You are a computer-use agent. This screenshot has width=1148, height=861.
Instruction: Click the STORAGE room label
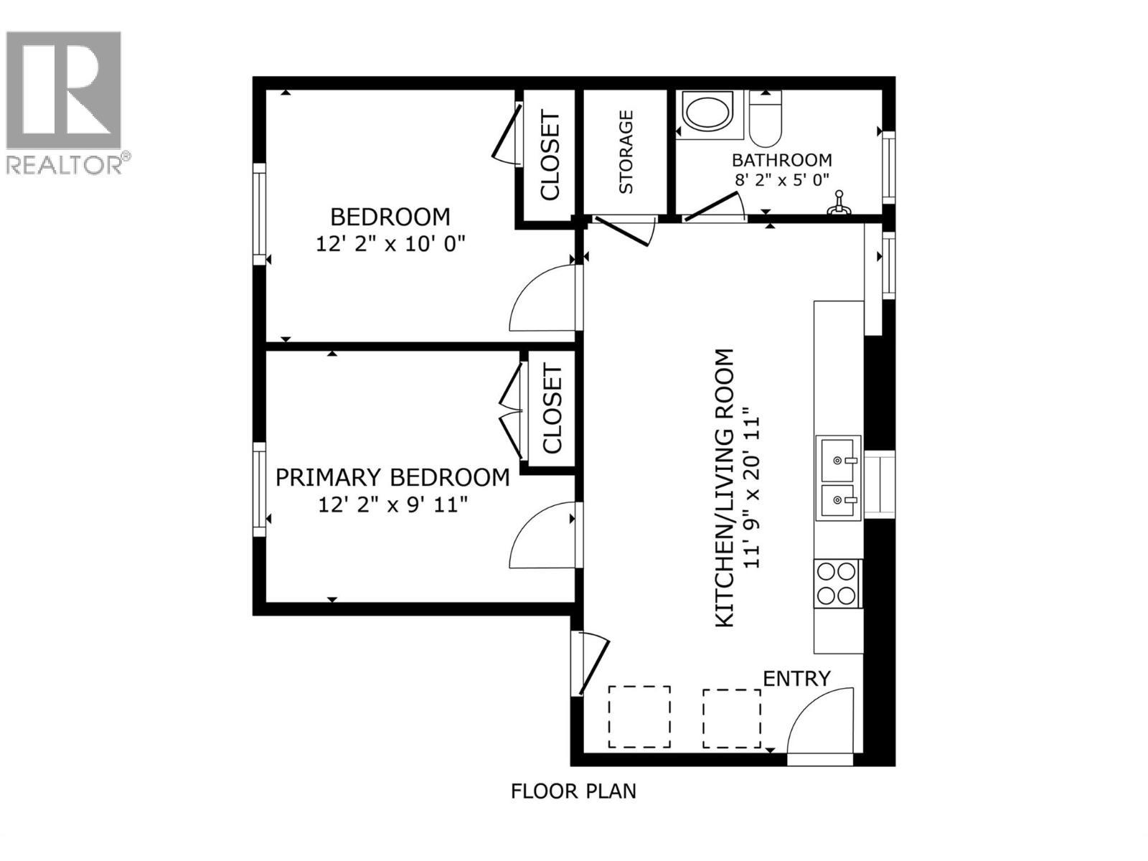(x=626, y=151)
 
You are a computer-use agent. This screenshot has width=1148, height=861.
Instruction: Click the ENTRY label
(x=796, y=678)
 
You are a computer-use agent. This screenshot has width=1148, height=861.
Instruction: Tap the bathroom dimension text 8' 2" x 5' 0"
(x=782, y=179)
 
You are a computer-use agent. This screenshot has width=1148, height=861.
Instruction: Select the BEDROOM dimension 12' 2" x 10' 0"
(x=391, y=244)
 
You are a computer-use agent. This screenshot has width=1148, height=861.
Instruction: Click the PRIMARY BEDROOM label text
(x=392, y=477)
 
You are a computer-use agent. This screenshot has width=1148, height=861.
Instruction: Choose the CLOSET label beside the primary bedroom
(x=552, y=410)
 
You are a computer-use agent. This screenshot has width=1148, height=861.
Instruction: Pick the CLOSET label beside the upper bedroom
(x=549, y=155)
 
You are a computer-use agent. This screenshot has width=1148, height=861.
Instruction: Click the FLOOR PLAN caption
(x=573, y=791)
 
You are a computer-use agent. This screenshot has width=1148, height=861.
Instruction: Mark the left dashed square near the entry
(x=639, y=717)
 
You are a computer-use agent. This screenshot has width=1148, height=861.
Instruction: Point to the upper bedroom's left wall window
(x=259, y=214)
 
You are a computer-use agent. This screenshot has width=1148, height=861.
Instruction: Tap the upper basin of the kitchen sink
(x=837, y=460)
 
